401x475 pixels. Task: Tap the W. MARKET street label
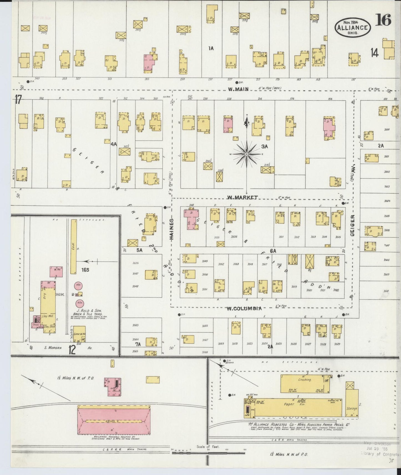pyautogui.click(x=242, y=197)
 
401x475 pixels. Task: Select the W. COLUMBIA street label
pyautogui.click(x=244, y=308)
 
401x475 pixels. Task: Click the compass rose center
pyautogui.click(x=246, y=154)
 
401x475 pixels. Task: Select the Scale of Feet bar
pyautogui.click(x=208, y=452)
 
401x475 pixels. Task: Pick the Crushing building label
pyautogui.click(x=305, y=380)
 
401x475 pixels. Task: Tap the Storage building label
pyautogui.click(x=352, y=409)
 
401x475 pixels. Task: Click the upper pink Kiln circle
pyautogui.click(x=79, y=286)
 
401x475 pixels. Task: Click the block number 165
pyautogui.click(x=85, y=270)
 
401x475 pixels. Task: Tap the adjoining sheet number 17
pyautogui.click(x=18, y=100)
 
